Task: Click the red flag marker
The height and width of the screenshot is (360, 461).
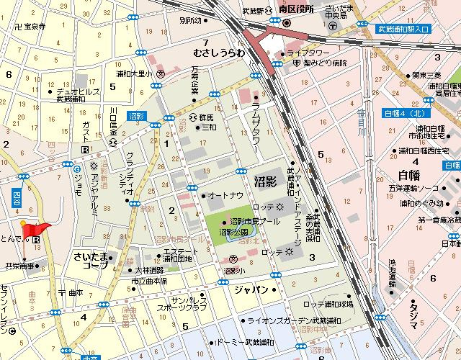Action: tap(35, 229)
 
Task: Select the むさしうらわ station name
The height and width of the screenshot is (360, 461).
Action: tap(220, 53)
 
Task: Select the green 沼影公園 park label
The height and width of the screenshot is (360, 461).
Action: tap(234, 233)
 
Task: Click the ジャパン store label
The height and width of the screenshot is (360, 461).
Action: tap(251, 290)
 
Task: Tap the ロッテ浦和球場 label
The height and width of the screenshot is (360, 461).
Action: tap(328, 304)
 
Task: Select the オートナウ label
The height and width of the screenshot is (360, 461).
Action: tap(224, 195)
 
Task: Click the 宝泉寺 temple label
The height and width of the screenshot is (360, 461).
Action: tap(30, 26)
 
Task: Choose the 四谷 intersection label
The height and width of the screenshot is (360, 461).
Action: tap(17, 197)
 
